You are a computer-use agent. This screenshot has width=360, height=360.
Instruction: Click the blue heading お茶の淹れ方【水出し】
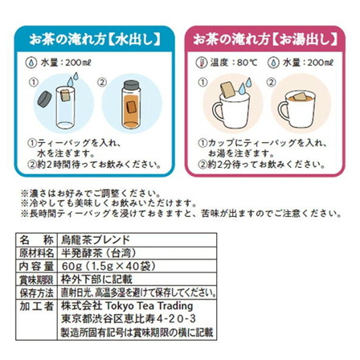click(x=95, y=40)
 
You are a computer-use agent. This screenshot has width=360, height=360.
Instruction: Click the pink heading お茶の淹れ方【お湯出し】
click(x=265, y=40)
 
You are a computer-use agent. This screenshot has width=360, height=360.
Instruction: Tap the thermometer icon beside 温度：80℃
click(x=201, y=63)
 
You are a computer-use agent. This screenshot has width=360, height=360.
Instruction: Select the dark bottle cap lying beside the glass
click(x=44, y=100)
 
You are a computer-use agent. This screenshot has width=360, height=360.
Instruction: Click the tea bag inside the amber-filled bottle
click(x=131, y=107)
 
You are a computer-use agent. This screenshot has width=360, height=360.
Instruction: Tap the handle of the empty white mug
click(x=218, y=112)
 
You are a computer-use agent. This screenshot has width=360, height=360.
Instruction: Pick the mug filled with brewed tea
click(x=297, y=110)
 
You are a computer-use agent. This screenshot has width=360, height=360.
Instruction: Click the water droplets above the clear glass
click(x=72, y=79)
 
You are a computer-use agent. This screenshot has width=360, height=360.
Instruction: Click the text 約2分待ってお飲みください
click(x=267, y=165)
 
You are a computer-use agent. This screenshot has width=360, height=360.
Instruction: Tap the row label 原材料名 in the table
click(x=37, y=253)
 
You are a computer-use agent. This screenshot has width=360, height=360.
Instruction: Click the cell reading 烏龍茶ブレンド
click(x=96, y=239)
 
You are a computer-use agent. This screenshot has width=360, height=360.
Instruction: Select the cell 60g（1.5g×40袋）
click(x=108, y=266)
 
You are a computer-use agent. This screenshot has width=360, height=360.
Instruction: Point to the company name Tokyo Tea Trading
click(x=149, y=306)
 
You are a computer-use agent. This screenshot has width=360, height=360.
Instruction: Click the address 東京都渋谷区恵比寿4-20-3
click(x=129, y=319)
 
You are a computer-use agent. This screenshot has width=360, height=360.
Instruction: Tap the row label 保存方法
click(x=37, y=292)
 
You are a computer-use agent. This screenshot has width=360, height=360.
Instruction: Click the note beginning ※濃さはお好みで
click(x=91, y=193)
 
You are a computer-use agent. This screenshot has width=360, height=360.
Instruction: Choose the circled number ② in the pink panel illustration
click(x=272, y=82)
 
